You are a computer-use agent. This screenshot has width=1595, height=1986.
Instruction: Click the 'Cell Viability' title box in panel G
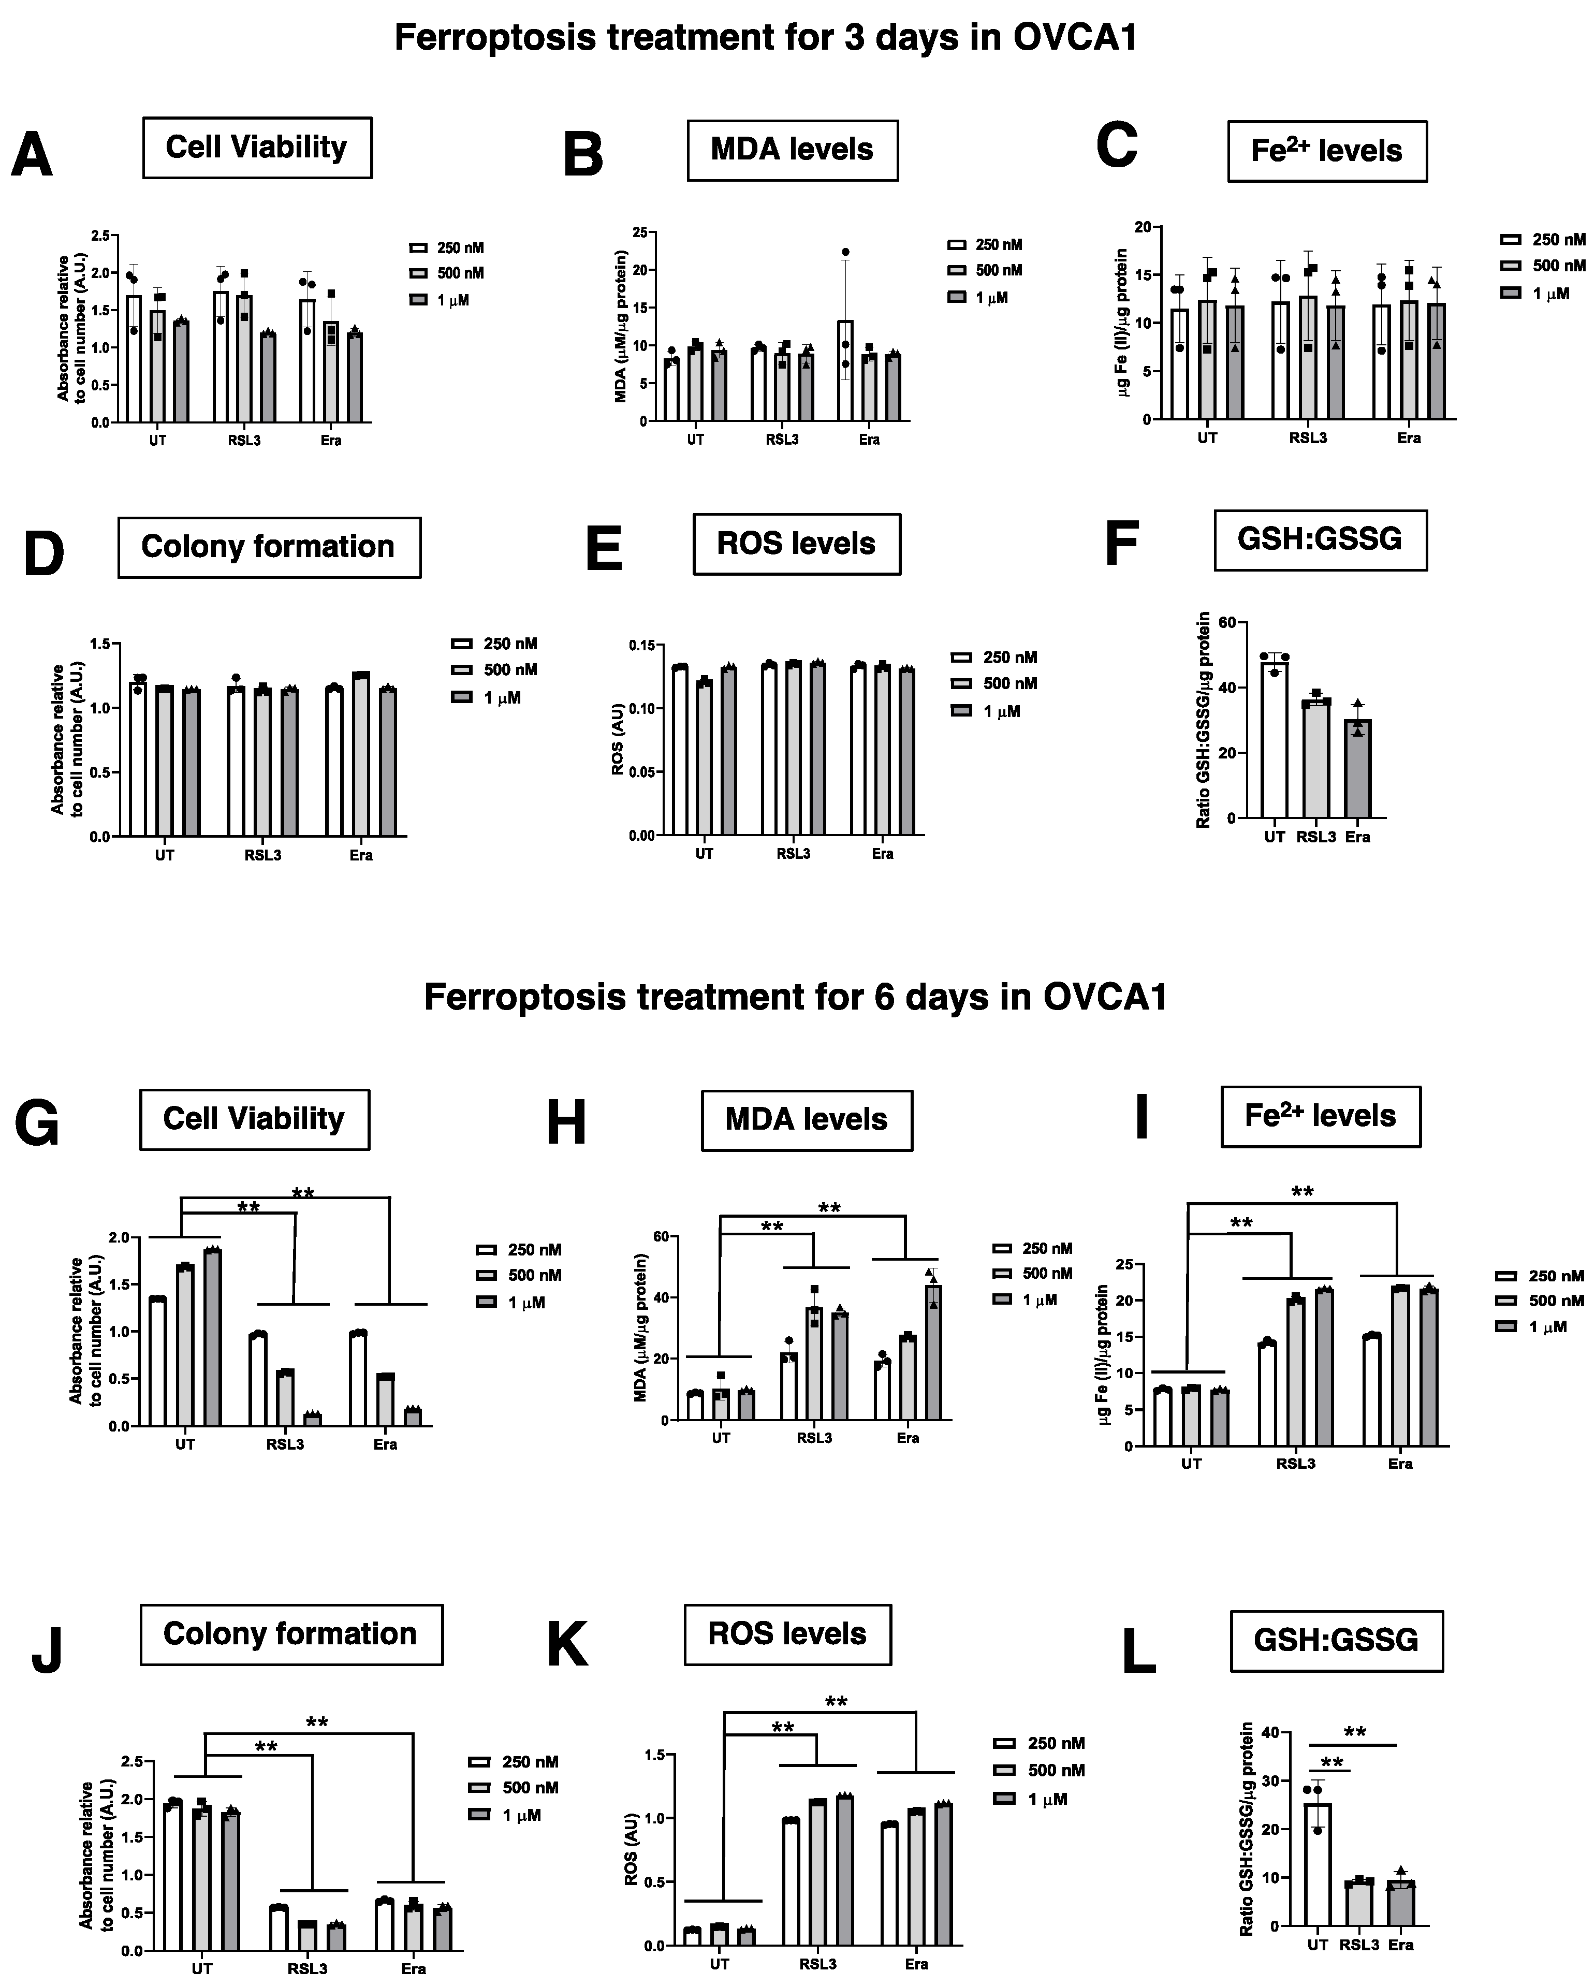point(254,1119)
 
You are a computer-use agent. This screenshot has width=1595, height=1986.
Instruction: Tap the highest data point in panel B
point(845,252)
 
